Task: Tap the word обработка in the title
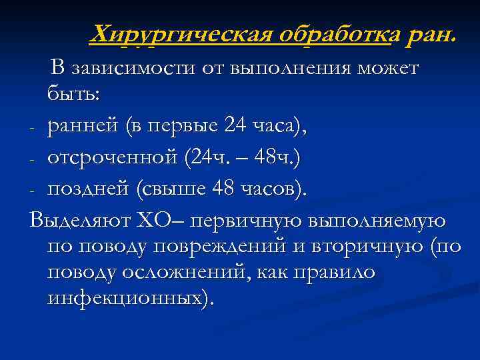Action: tap(333, 34)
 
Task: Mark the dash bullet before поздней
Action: tap(33, 191)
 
